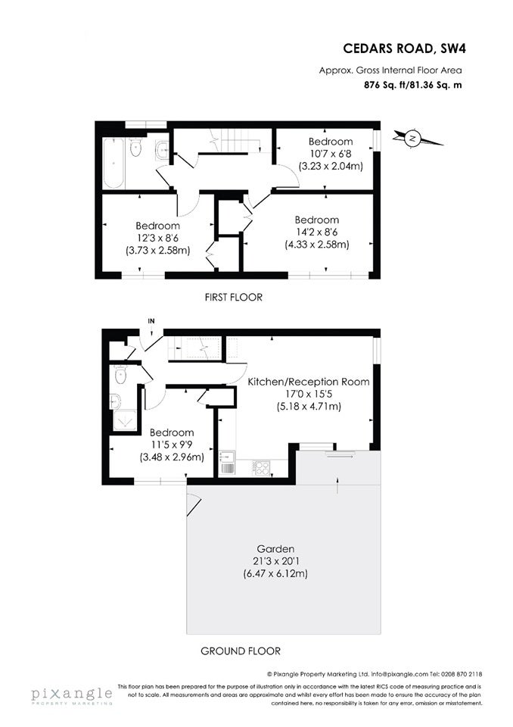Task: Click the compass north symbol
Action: [x=412, y=138]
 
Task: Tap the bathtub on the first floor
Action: [x=113, y=163]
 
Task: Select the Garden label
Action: [x=275, y=549]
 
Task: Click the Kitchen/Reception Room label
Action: [x=309, y=382]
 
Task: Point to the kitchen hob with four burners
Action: [x=262, y=467]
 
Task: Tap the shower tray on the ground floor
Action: [x=125, y=421]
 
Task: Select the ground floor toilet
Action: [x=120, y=375]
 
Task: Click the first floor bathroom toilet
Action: [x=135, y=148]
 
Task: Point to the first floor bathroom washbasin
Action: [x=162, y=149]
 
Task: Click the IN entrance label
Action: [x=151, y=321]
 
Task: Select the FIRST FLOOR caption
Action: [x=234, y=297]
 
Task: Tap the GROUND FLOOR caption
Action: [x=241, y=651]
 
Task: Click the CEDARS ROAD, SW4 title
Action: [x=404, y=48]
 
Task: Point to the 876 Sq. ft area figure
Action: [x=381, y=85]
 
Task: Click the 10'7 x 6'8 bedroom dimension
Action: [x=331, y=154]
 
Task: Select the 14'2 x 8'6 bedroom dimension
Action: [x=316, y=232]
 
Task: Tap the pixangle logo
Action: [x=72, y=695]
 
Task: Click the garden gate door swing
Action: [x=193, y=504]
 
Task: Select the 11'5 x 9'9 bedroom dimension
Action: [x=172, y=445]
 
